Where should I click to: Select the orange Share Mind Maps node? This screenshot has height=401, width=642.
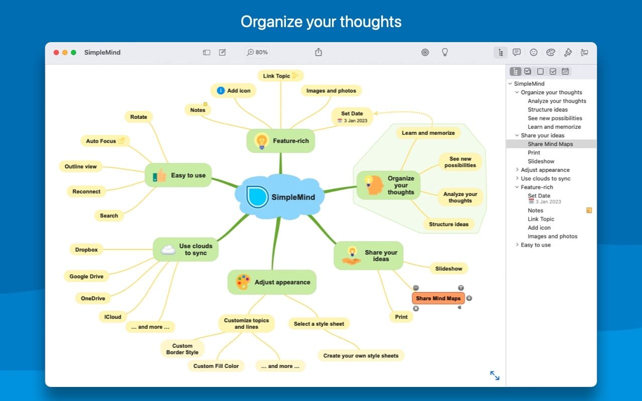(x=438, y=298)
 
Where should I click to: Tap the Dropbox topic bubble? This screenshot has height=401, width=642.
(x=86, y=250)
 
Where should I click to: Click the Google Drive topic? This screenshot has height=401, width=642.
(x=86, y=276)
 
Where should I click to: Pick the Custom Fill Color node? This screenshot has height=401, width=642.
(x=216, y=366)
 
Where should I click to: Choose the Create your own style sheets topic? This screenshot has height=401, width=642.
(x=361, y=355)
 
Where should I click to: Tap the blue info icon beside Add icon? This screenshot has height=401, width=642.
(x=221, y=91)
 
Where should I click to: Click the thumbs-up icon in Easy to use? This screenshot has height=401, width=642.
(x=159, y=175)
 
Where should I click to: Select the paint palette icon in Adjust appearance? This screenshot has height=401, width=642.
(x=243, y=282)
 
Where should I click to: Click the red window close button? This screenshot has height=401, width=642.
(x=56, y=53)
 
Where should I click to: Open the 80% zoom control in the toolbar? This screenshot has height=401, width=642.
(x=257, y=52)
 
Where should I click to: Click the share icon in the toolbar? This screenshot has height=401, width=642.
(x=318, y=52)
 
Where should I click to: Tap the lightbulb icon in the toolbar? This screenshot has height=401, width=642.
(x=444, y=52)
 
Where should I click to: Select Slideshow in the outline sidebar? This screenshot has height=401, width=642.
(x=541, y=161)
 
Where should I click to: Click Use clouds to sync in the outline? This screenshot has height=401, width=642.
(x=546, y=178)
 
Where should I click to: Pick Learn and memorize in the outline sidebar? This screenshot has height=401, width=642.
(x=554, y=127)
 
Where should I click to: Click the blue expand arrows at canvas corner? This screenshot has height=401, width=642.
(x=495, y=375)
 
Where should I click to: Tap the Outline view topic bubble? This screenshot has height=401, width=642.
(x=81, y=166)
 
